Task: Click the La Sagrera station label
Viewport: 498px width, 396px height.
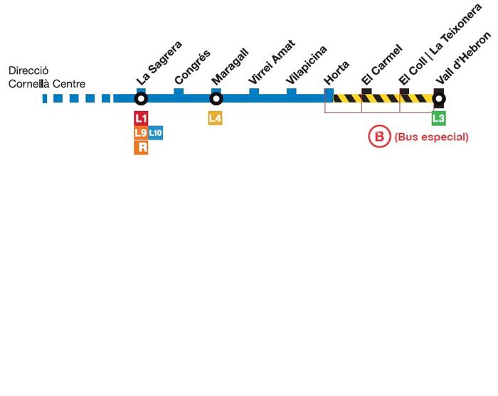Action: click(x=159, y=63)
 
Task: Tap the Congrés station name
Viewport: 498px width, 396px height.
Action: click(x=193, y=67)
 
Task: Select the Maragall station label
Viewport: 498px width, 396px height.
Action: click(x=230, y=66)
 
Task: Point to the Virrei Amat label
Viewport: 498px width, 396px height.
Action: click(x=272, y=62)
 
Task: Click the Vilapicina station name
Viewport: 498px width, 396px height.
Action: click(x=307, y=65)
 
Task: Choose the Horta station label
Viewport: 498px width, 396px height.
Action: click(x=337, y=73)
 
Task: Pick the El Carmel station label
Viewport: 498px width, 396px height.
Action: click(x=382, y=65)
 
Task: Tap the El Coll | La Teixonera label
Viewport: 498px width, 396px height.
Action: click(x=440, y=44)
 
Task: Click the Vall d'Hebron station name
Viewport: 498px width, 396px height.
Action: click(x=463, y=58)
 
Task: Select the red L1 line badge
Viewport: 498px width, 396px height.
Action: click(x=141, y=119)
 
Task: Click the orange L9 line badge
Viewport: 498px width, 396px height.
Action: click(x=141, y=133)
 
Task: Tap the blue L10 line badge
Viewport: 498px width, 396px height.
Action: click(x=156, y=132)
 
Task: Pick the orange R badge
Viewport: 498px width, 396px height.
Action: click(x=141, y=147)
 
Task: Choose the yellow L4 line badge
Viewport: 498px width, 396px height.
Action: click(x=216, y=118)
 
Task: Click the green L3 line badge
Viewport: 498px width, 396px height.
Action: click(x=439, y=118)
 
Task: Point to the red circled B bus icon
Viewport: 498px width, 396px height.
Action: click(x=379, y=137)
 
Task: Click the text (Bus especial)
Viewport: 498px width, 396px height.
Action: click(x=431, y=137)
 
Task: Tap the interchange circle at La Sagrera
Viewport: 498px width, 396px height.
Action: click(x=141, y=98)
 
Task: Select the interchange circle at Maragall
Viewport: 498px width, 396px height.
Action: click(x=216, y=98)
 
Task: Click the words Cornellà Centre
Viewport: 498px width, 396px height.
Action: click(x=47, y=84)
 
